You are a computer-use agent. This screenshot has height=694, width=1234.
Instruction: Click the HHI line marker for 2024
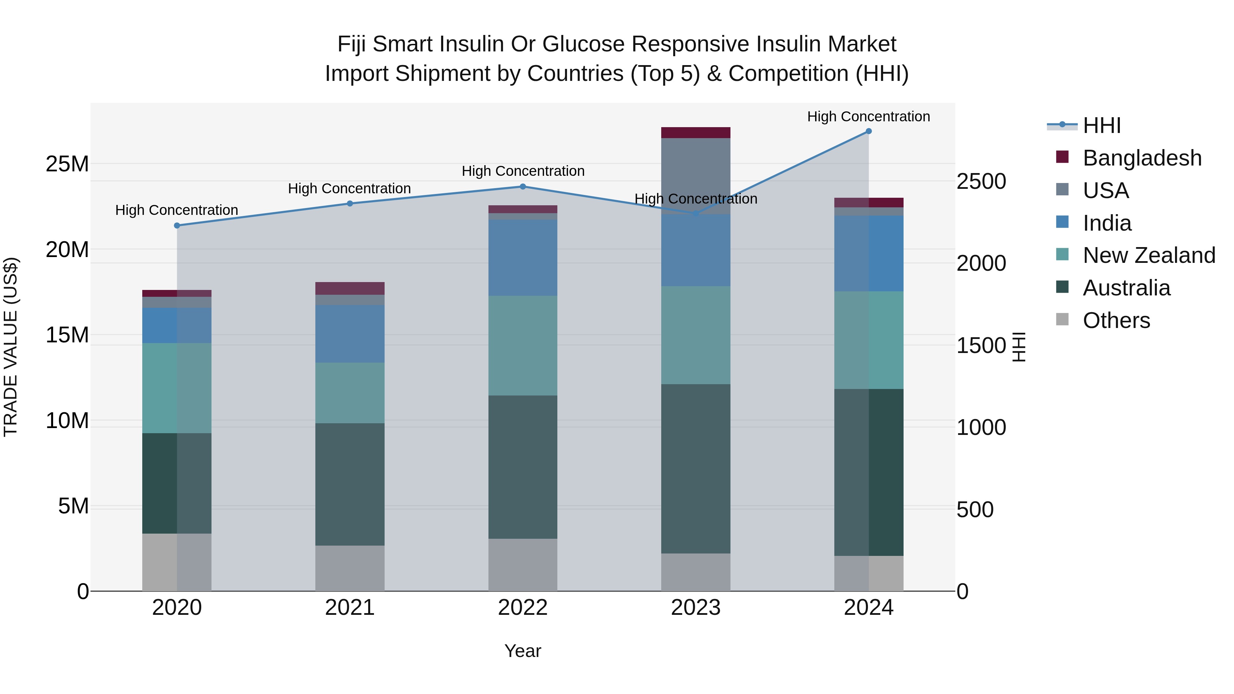[x=869, y=131]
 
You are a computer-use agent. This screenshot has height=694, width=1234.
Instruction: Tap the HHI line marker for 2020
[x=177, y=226]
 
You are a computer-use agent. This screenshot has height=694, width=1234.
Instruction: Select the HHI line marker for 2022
[x=523, y=187]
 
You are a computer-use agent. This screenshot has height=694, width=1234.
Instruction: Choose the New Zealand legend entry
[x=1148, y=255]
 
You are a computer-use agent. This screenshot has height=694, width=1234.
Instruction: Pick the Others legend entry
[x=1116, y=320]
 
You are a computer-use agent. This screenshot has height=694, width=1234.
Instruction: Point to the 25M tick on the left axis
[x=67, y=164]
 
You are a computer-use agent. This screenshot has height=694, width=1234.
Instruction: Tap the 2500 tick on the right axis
[x=981, y=182]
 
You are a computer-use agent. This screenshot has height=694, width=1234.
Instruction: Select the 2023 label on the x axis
[x=695, y=608]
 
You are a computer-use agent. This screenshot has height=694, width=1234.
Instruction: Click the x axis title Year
[x=523, y=651]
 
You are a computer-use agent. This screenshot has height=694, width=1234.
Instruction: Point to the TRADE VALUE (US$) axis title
[x=11, y=347]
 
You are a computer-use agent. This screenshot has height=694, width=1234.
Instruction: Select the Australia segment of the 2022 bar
[x=523, y=467]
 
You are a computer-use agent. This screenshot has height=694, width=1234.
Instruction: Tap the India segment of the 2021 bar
[x=350, y=334]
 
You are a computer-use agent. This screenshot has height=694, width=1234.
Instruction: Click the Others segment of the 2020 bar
[x=177, y=562]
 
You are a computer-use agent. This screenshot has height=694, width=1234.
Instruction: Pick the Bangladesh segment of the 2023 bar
[x=695, y=133]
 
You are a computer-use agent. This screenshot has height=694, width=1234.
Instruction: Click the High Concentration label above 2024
[x=869, y=117]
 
